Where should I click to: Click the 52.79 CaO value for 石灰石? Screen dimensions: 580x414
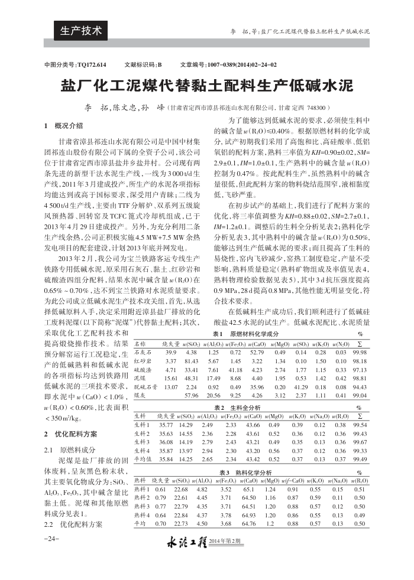point(257,352)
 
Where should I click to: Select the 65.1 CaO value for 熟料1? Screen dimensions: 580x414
point(249,489)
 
